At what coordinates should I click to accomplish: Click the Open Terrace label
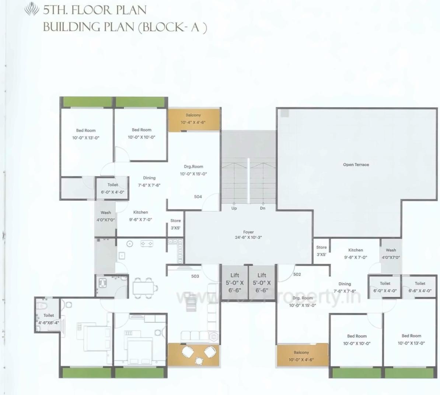point(356,165)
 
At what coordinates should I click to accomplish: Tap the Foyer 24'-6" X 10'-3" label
point(248,235)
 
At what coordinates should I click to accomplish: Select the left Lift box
point(234,282)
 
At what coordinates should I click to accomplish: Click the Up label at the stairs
point(234,208)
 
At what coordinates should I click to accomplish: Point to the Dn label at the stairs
point(262,208)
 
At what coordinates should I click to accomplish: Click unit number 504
point(198,197)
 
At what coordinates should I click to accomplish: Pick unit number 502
point(297,274)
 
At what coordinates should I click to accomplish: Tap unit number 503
point(195,276)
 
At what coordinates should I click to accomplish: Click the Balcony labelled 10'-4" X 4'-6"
point(193,119)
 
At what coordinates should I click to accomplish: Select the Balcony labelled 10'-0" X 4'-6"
point(301,356)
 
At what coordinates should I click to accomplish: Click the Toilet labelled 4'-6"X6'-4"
point(48,319)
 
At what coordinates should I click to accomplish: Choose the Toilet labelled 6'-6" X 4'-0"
point(420,287)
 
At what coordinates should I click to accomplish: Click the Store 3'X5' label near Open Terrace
point(321,251)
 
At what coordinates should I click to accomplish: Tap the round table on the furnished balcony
point(199,360)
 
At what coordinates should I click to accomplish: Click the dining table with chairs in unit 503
point(143,288)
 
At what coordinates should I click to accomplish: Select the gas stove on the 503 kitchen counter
point(147,244)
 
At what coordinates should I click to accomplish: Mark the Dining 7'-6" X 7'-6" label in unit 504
point(149,181)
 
